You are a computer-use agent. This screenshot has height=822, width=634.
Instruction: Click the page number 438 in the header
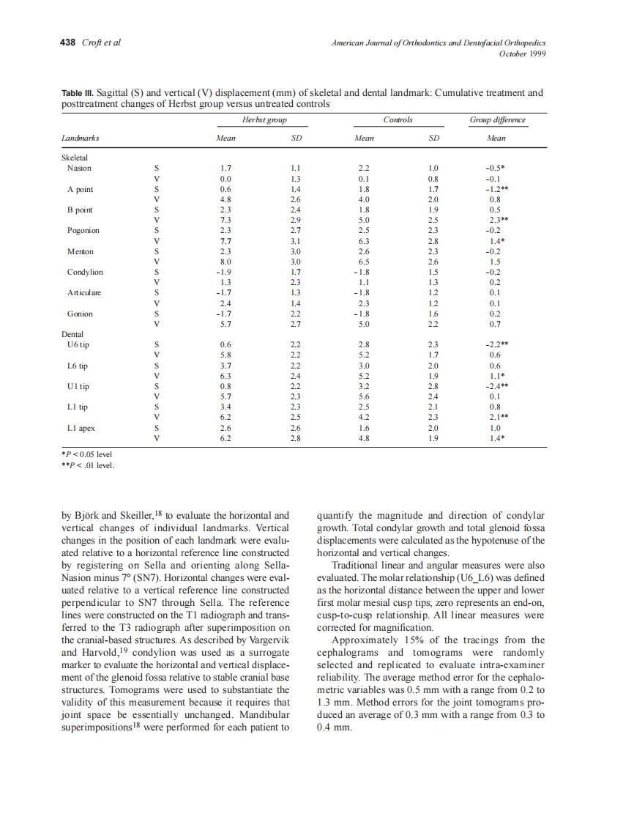click(67, 42)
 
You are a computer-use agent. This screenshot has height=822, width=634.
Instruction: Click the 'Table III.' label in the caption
click(77, 93)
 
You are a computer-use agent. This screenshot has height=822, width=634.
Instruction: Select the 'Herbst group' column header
click(264, 119)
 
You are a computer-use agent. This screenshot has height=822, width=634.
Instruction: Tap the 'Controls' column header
click(398, 119)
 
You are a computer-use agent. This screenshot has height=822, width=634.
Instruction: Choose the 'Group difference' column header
click(497, 119)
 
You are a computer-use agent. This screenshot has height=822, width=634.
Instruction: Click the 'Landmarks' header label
click(81, 138)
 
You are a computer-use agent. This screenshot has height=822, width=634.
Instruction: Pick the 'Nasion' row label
click(79, 168)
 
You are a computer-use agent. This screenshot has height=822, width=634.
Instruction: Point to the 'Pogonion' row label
click(83, 230)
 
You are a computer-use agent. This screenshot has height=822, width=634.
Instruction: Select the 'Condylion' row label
click(85, 272)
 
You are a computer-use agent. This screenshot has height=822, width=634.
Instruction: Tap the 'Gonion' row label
click(80, 314)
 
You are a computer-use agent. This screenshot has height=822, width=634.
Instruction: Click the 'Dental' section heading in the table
click(72, 334)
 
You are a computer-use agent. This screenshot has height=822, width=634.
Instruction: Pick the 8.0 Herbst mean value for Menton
click(226, 262)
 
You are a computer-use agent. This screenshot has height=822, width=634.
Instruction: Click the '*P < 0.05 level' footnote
click(87, 454)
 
